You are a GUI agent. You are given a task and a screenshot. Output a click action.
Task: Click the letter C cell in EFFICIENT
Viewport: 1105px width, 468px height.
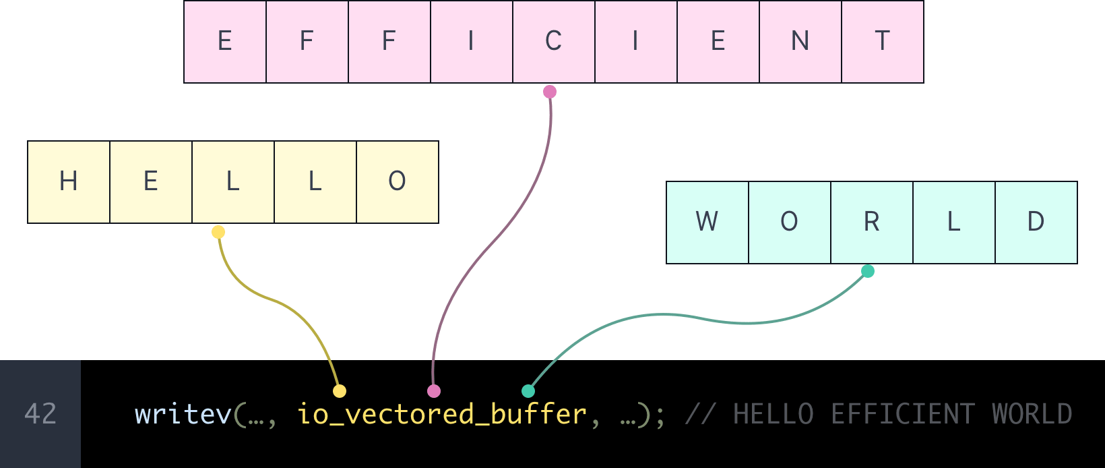click(x=553, y=42)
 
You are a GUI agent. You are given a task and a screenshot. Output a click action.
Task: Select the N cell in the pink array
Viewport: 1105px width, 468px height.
click(x=800, y=42)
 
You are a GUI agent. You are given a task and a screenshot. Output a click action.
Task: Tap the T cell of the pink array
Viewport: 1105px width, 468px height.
click(x=882, y=42)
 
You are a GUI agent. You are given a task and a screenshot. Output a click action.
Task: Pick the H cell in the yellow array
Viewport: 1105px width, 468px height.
click(x=69, y=181)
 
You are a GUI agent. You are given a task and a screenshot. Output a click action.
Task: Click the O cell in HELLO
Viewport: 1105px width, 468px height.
click(x=397, y=181)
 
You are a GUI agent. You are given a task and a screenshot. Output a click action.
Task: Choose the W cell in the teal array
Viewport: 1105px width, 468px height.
click(x=707, y=222)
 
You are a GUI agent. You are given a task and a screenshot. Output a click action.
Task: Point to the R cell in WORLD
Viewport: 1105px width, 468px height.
click(x=871, y=222)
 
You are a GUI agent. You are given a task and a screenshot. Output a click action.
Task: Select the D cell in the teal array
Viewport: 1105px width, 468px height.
click(x=1036, y=222)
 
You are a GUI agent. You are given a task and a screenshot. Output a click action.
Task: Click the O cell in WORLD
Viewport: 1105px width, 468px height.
click(x=789, y=222)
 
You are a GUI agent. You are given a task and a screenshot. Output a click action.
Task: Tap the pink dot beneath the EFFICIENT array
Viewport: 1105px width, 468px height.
click(x=550, y=92)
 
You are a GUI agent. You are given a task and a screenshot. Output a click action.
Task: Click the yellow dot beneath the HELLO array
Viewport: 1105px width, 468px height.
click(x=218, y=232)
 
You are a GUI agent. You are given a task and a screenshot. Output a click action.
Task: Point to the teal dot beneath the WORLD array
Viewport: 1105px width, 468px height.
click(x=868, y=271)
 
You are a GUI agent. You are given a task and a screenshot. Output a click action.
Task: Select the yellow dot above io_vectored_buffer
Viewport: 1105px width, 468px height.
click(x=340, y=391)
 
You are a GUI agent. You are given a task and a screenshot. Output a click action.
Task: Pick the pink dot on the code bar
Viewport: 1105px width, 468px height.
click(x=434, y=391)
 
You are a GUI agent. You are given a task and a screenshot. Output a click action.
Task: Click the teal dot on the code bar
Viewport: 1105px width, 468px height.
click(x=528, y=391)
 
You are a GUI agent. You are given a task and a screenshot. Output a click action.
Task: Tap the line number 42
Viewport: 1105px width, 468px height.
click(x=40, y=414)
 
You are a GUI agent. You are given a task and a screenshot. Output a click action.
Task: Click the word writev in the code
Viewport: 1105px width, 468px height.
click(x=183, y=414)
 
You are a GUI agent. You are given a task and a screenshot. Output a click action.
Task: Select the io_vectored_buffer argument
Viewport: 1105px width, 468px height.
click(x=441, y=414)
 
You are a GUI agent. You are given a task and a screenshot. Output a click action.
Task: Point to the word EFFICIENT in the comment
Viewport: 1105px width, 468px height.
click(x=902, y=414)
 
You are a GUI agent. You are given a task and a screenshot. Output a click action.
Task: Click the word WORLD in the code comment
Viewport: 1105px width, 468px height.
click(x=1032, y=414)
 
